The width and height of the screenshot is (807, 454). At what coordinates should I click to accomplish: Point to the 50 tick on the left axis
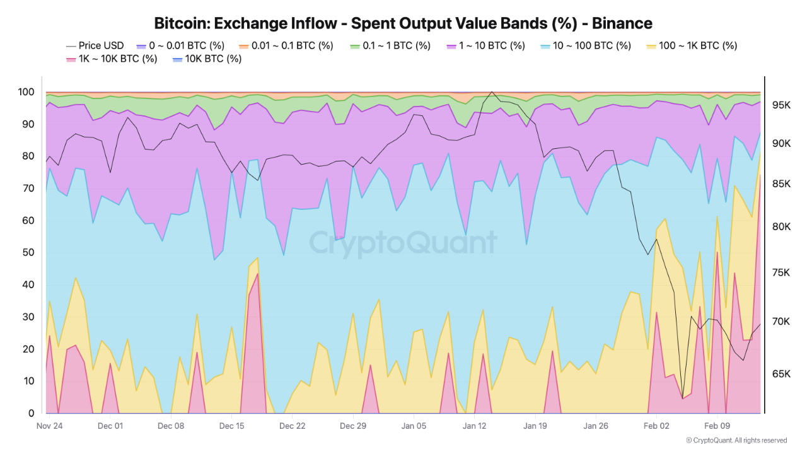[x=28, y=252]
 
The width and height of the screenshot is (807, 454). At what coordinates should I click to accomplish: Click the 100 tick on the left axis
[x=26, y=92]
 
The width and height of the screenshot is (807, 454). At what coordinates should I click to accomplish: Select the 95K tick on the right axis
[x=780, y=105]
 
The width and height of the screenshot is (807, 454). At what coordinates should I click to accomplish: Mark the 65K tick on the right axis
[x=780, y=374]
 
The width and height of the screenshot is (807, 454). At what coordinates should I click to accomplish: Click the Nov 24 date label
[x=49, y=426]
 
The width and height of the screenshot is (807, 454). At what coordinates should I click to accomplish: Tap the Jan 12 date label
[x=475, y=426]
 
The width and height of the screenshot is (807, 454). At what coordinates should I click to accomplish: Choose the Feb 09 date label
[x=717, y=426]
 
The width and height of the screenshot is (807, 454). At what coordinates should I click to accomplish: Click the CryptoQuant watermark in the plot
[x=403, y=243]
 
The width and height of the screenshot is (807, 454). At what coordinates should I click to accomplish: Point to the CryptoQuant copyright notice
[x=736, y=440]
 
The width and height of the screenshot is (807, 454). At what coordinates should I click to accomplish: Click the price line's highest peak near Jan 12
[x=492, y=92]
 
